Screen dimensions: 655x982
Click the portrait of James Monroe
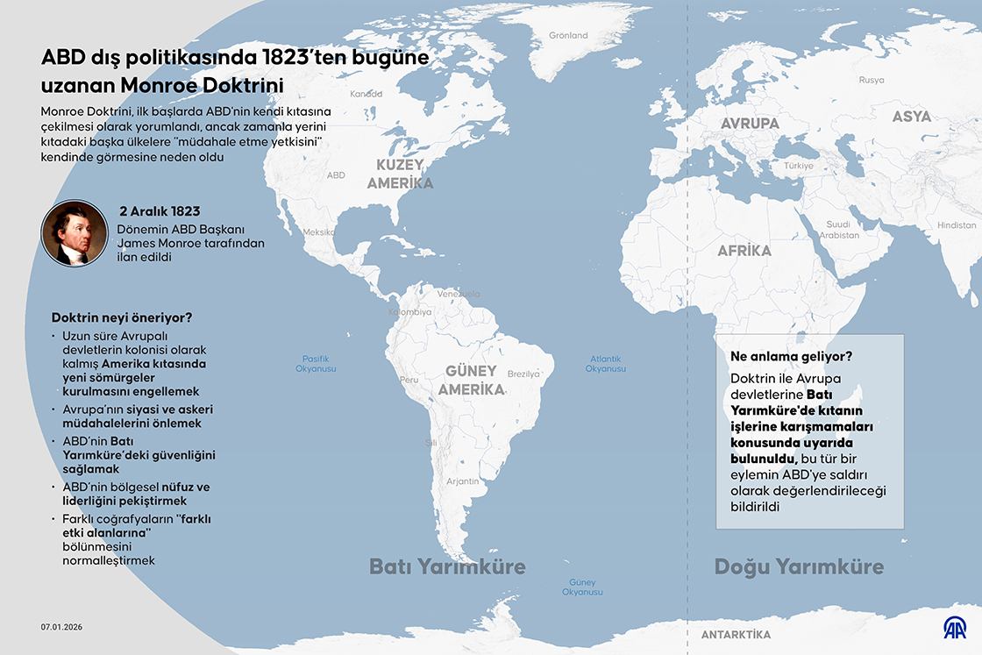[75, 233]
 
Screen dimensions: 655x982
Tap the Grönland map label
[568, 36]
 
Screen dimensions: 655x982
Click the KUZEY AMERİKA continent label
[400, 174]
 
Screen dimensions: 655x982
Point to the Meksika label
[318, 232]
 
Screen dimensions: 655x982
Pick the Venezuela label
[459, 293]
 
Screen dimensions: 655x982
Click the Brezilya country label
[523, 374]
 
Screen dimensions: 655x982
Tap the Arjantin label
[462, 481]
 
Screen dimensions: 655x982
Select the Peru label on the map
[409, 380]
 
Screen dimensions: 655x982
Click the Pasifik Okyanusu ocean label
[316, 364]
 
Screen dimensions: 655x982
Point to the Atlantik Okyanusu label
[605, 364]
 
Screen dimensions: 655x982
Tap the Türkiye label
[799, 166]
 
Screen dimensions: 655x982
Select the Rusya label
[871, 80]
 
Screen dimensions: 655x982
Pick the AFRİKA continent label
[744, 251]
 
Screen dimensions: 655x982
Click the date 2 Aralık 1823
[160, 211]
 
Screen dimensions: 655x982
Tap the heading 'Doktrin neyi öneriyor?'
[121, 317]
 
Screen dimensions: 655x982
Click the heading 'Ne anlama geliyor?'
[791, 357]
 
